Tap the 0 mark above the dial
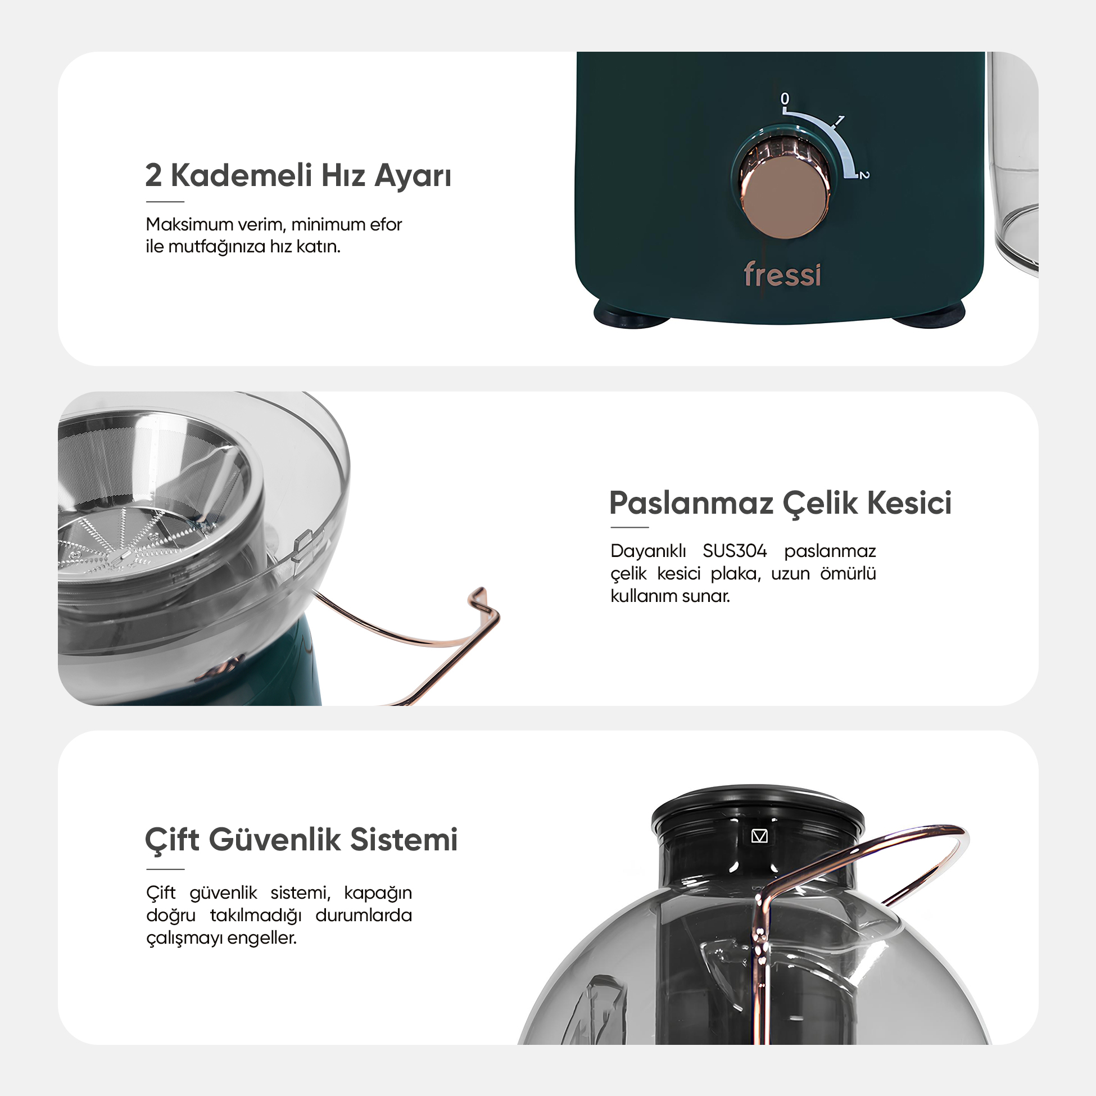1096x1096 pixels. coord(785,99)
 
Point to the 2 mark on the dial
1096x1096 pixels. coord(863,175)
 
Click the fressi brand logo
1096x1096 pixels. coord(782,274)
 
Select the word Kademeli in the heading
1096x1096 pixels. coord(241,175)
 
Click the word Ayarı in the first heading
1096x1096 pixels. coord(413,176)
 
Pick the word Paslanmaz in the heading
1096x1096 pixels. coord(691,503)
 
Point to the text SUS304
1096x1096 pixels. coord(735,551)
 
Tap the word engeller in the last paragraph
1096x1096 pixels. coord(263,938)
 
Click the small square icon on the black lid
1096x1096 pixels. coord(759,836)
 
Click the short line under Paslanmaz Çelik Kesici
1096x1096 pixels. coord(629,527)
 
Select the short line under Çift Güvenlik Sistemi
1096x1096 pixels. coord(165,869)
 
